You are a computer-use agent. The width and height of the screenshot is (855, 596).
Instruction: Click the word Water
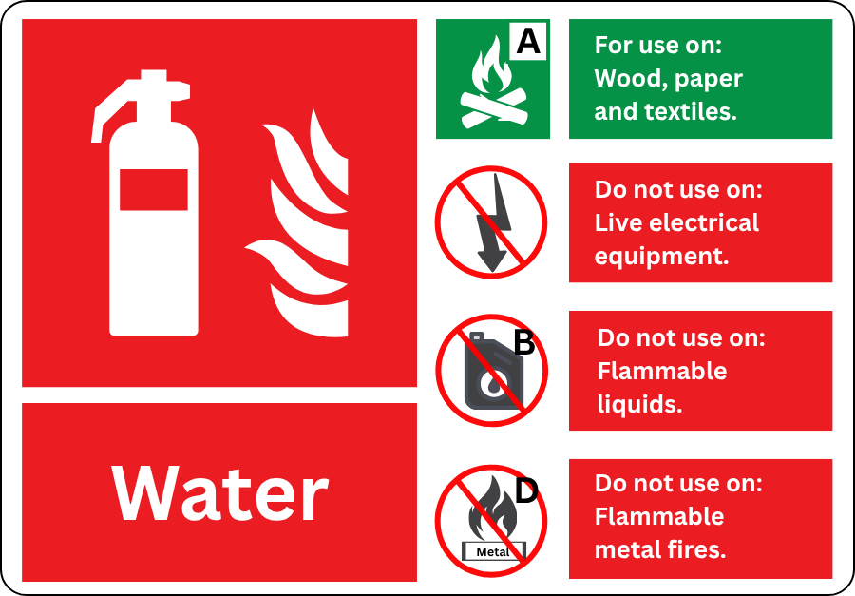219,493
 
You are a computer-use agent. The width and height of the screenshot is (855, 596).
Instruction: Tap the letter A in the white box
528,41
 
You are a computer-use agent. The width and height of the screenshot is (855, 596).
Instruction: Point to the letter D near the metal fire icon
526,490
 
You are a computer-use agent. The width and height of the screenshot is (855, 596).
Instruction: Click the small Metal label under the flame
493,551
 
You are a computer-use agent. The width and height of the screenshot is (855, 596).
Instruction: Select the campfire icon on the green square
494,83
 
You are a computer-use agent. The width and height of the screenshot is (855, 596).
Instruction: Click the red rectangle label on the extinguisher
154,189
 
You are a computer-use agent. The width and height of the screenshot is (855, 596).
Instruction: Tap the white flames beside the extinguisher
296,222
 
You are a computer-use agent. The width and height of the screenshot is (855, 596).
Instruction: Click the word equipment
661,257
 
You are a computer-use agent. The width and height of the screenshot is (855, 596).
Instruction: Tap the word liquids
639,404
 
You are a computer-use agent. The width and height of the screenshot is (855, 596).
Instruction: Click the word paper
707,80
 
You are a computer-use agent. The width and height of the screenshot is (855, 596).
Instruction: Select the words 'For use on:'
658,45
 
